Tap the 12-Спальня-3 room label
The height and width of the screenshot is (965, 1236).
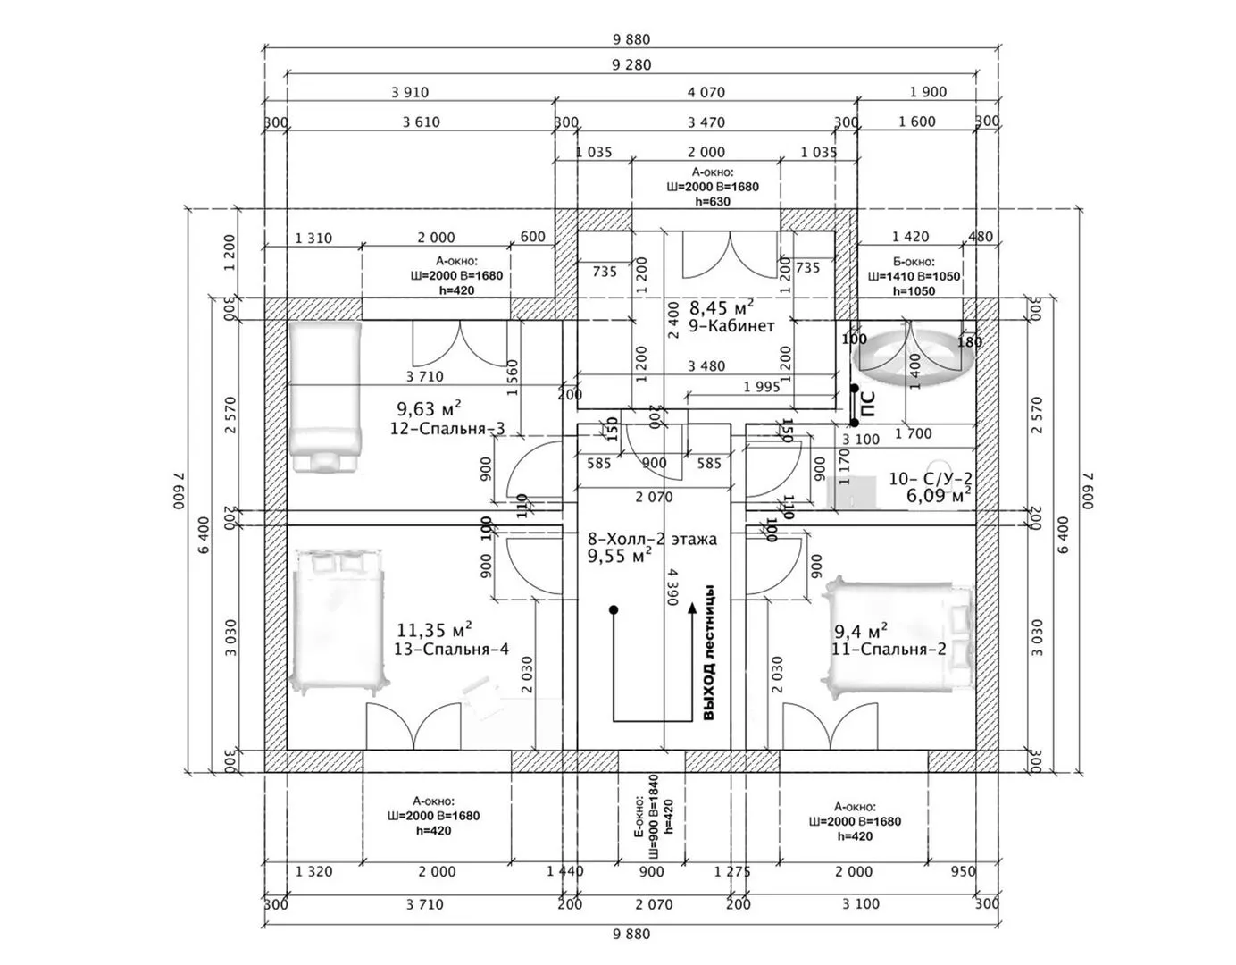(447, 429)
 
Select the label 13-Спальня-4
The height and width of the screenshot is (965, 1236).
(451, 650)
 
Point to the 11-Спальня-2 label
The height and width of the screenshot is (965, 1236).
(889, 650)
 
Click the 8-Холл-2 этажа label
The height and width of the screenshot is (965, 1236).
(652, 540)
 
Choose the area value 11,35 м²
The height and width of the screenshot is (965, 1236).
(435, 630)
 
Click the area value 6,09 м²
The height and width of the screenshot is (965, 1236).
(939, 496)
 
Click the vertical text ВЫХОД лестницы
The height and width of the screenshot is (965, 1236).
(709, 652)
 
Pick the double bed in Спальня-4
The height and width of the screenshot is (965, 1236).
(339, 619)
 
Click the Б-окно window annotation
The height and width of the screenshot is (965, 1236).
(914, 276)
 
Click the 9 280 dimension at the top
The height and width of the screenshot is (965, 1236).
(631, 64)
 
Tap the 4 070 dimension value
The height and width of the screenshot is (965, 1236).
(706, 92)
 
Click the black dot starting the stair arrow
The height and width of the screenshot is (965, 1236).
(614, 609)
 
